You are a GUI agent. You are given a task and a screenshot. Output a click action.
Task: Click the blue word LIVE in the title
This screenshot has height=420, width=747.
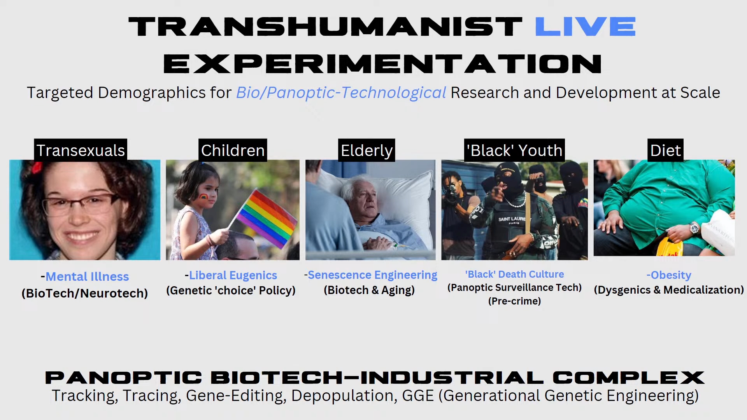585,26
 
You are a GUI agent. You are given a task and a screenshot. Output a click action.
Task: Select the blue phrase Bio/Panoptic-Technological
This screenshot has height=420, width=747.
341,93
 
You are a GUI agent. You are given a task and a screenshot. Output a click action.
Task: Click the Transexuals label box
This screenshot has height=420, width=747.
81,150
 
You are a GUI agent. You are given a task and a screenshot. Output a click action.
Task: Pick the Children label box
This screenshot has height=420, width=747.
233,150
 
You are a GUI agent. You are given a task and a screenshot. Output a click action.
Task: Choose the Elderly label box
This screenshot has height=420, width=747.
366,150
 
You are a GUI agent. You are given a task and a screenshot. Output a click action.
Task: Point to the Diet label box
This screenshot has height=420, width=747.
665,150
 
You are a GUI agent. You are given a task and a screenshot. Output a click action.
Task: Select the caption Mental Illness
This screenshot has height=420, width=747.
87,276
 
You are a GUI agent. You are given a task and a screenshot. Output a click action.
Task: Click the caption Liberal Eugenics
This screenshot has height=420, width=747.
233,275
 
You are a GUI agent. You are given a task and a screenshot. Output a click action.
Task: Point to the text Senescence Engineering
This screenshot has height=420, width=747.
373,275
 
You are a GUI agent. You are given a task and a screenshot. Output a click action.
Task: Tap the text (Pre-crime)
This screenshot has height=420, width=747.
514,301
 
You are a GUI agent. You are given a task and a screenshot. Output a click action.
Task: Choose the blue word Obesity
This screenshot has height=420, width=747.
671,275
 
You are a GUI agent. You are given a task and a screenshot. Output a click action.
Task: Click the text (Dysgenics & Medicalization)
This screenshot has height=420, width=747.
669,290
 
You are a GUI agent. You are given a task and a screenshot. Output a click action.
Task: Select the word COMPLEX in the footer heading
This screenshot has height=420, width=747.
628,378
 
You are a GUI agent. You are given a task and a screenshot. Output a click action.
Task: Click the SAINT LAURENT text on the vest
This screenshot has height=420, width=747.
512,219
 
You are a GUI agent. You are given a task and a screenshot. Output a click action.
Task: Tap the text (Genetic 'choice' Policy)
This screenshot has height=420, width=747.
231,290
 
